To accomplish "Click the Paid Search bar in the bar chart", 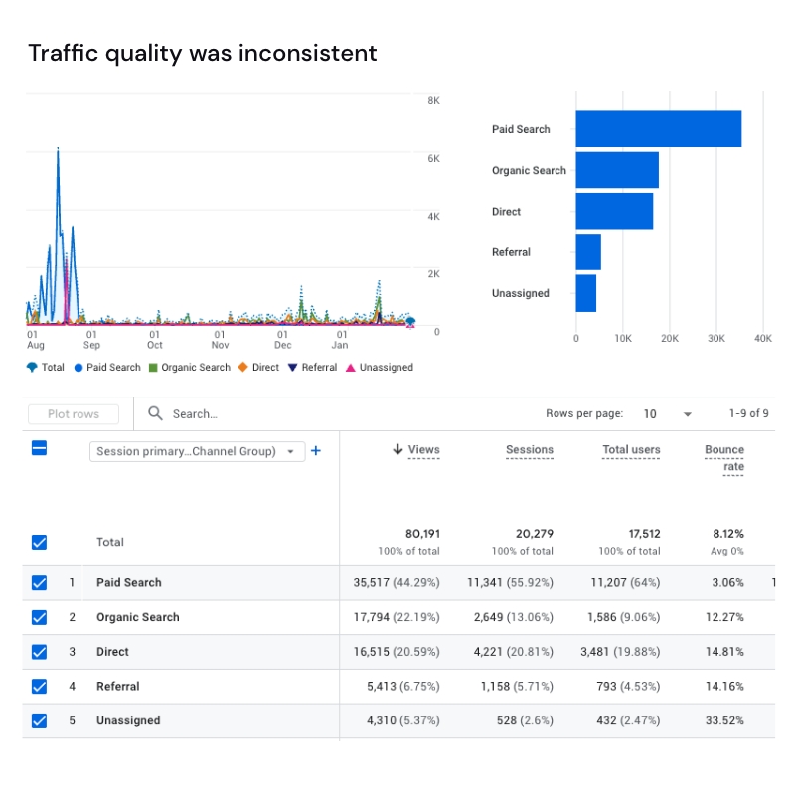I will tap(658, 129).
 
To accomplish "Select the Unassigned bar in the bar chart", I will tap(586, 293).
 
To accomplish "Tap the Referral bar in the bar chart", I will tap(588, 252).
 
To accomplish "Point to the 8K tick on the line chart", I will tap(434, 101).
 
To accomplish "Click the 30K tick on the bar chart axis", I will tap(715, 338).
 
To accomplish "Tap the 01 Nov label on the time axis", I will tap(221, 340).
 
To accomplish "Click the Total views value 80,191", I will tap(422, 534).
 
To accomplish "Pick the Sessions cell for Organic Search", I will tap(510, 617).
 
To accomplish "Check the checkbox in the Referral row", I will tap(40, 686).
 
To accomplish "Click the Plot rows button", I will tap(74, 413).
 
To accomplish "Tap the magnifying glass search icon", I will tap(155, 413).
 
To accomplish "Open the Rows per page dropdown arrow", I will tap(687, 414).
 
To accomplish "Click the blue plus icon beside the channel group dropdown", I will tap(316, 451).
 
